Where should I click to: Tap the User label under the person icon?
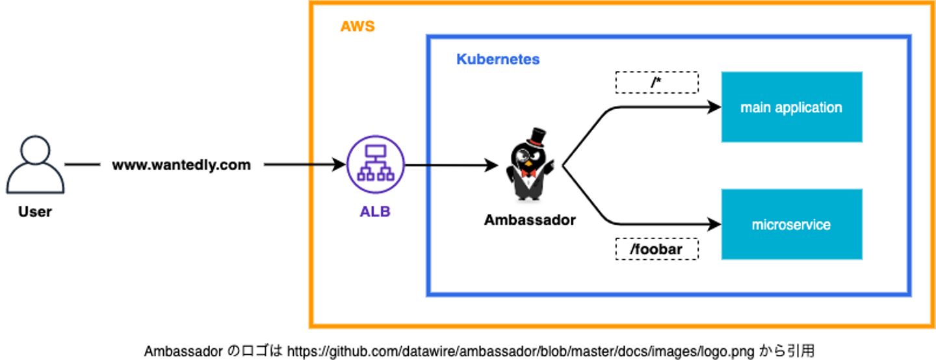(x=35, y=212)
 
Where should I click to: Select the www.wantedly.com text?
(x=181, y=165)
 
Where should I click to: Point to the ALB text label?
(x=375, y=211)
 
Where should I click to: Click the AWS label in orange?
(x=357, y=27)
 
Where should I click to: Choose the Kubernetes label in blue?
(x=498, y=60)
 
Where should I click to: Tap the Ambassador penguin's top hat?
(x=536, y=137)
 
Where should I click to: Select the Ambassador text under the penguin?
(x=530, y=220)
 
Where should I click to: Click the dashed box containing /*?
(x=656, y=83)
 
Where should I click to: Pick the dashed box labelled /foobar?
(x=656, y=250)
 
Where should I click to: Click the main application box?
(x=791, y=107)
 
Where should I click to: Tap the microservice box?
(x=791, y=225)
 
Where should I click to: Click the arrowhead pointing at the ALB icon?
(x=339, y=165)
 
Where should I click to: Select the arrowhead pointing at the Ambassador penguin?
(x=492, y=165)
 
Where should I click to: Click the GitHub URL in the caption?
(x=521, y=352)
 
